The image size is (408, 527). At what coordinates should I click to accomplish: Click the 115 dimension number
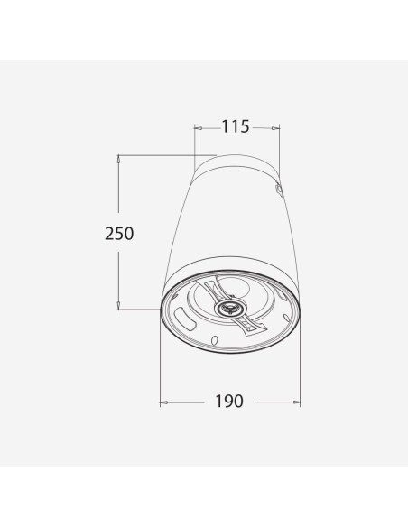point(236,126)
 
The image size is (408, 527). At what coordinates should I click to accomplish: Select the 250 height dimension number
point(119,233)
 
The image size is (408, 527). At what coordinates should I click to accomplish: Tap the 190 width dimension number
point(229,401)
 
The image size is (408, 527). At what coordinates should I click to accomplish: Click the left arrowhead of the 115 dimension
point(199,128)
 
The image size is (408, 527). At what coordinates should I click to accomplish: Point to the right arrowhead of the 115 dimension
point(275,128)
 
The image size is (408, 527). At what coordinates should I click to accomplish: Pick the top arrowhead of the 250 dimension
point(118,159)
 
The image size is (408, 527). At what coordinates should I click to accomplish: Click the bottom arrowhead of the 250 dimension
point(118,305)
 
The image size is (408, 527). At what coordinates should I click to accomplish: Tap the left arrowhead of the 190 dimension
point(164,402)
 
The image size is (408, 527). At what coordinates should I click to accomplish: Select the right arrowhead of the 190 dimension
point(297,402)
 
